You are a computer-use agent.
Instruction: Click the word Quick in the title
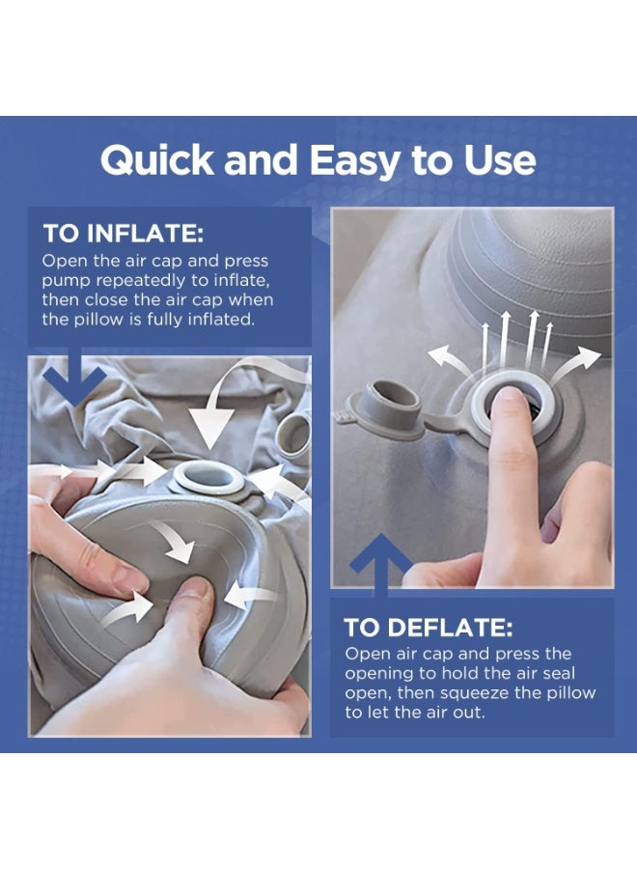coord(157,160)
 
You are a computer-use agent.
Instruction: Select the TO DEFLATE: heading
coord(429,628)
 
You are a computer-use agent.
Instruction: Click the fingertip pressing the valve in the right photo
coord(509,406)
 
